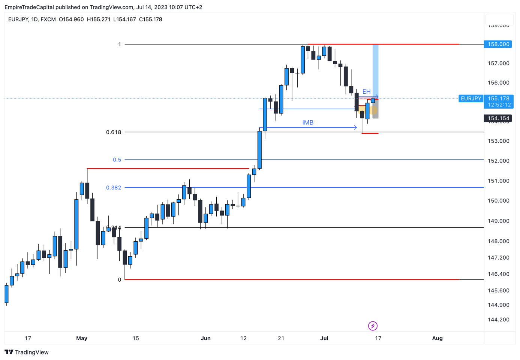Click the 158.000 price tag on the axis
tap(498, 44)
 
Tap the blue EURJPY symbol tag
tap(471, 99)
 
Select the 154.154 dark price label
tap(498, 118)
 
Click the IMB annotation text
tap(308, 122)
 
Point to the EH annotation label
tap(366, 92)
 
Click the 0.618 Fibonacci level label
tap(114, 132)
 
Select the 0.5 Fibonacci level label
tap(117, 160)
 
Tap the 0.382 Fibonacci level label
tap(114, 188)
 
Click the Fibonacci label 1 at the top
tap(120, 45)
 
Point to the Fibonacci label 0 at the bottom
tap(120, 280)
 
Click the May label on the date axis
tap(81, 338)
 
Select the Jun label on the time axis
tap(205, 338)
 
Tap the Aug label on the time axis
tap(437, 338)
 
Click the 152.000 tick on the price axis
tap(498, 161)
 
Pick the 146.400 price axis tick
tap(498, 274)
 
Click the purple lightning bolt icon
tap(373, 326)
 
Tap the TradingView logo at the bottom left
tap(27, 352)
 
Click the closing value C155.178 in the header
tap(150, 19)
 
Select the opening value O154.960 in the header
tap(71, 19)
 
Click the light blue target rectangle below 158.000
tap(375, 69)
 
